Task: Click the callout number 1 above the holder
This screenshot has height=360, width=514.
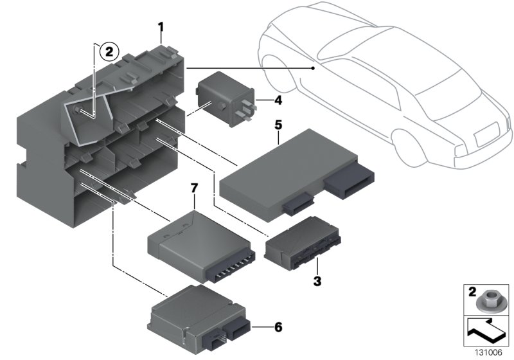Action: point(161,28)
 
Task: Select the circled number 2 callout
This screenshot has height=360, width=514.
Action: point(109,52)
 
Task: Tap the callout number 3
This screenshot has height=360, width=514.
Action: point(317,280)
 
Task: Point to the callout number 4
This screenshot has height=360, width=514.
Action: point(278,100)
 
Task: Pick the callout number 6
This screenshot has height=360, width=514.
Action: point(278,327)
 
